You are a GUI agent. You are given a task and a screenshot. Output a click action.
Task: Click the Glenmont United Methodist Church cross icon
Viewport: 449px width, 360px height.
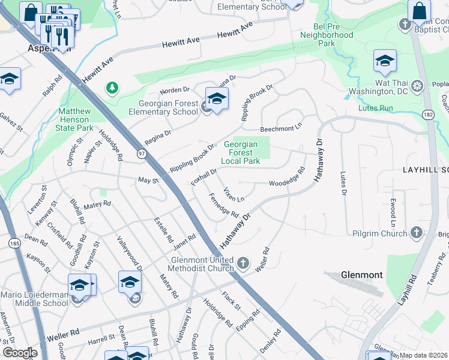click(243, 263)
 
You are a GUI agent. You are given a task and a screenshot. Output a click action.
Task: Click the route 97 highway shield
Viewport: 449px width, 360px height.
click(139, 154)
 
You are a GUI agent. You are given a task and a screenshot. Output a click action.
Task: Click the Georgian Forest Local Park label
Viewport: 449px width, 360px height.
click(240, 152)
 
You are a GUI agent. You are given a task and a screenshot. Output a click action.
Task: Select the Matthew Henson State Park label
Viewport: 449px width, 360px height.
click(75, 119)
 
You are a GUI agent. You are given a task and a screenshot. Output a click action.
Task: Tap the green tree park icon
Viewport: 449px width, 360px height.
click(112, 89)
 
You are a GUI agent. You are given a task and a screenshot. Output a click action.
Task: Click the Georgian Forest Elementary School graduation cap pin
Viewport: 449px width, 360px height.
click(217, 98)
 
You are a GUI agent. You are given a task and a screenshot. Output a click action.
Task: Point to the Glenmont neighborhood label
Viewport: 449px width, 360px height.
click(361, 275)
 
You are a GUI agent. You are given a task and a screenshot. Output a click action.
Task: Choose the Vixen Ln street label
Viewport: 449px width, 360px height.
click(234, 194)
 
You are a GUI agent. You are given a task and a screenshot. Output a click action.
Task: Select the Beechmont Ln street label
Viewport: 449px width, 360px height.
click(280, 129)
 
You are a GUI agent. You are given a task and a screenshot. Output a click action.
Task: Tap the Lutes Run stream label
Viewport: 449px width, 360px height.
click(375, 109)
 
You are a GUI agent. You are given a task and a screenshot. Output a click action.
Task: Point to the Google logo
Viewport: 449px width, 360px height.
click(20, 353)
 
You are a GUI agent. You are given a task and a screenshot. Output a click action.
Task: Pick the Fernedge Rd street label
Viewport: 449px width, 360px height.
click(224, 205)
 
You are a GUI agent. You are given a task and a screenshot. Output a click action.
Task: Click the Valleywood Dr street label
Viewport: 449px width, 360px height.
click(130, 256)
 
